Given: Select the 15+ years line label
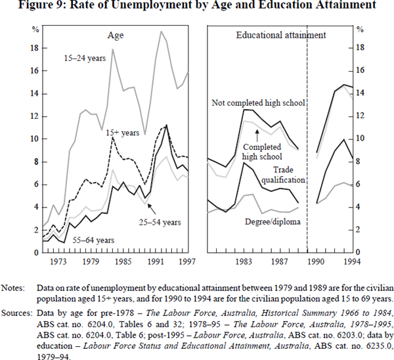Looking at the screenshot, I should click(123, 132).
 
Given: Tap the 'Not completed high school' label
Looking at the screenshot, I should click(259, 103).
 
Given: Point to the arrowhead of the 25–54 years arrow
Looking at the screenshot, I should click(150, 205).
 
